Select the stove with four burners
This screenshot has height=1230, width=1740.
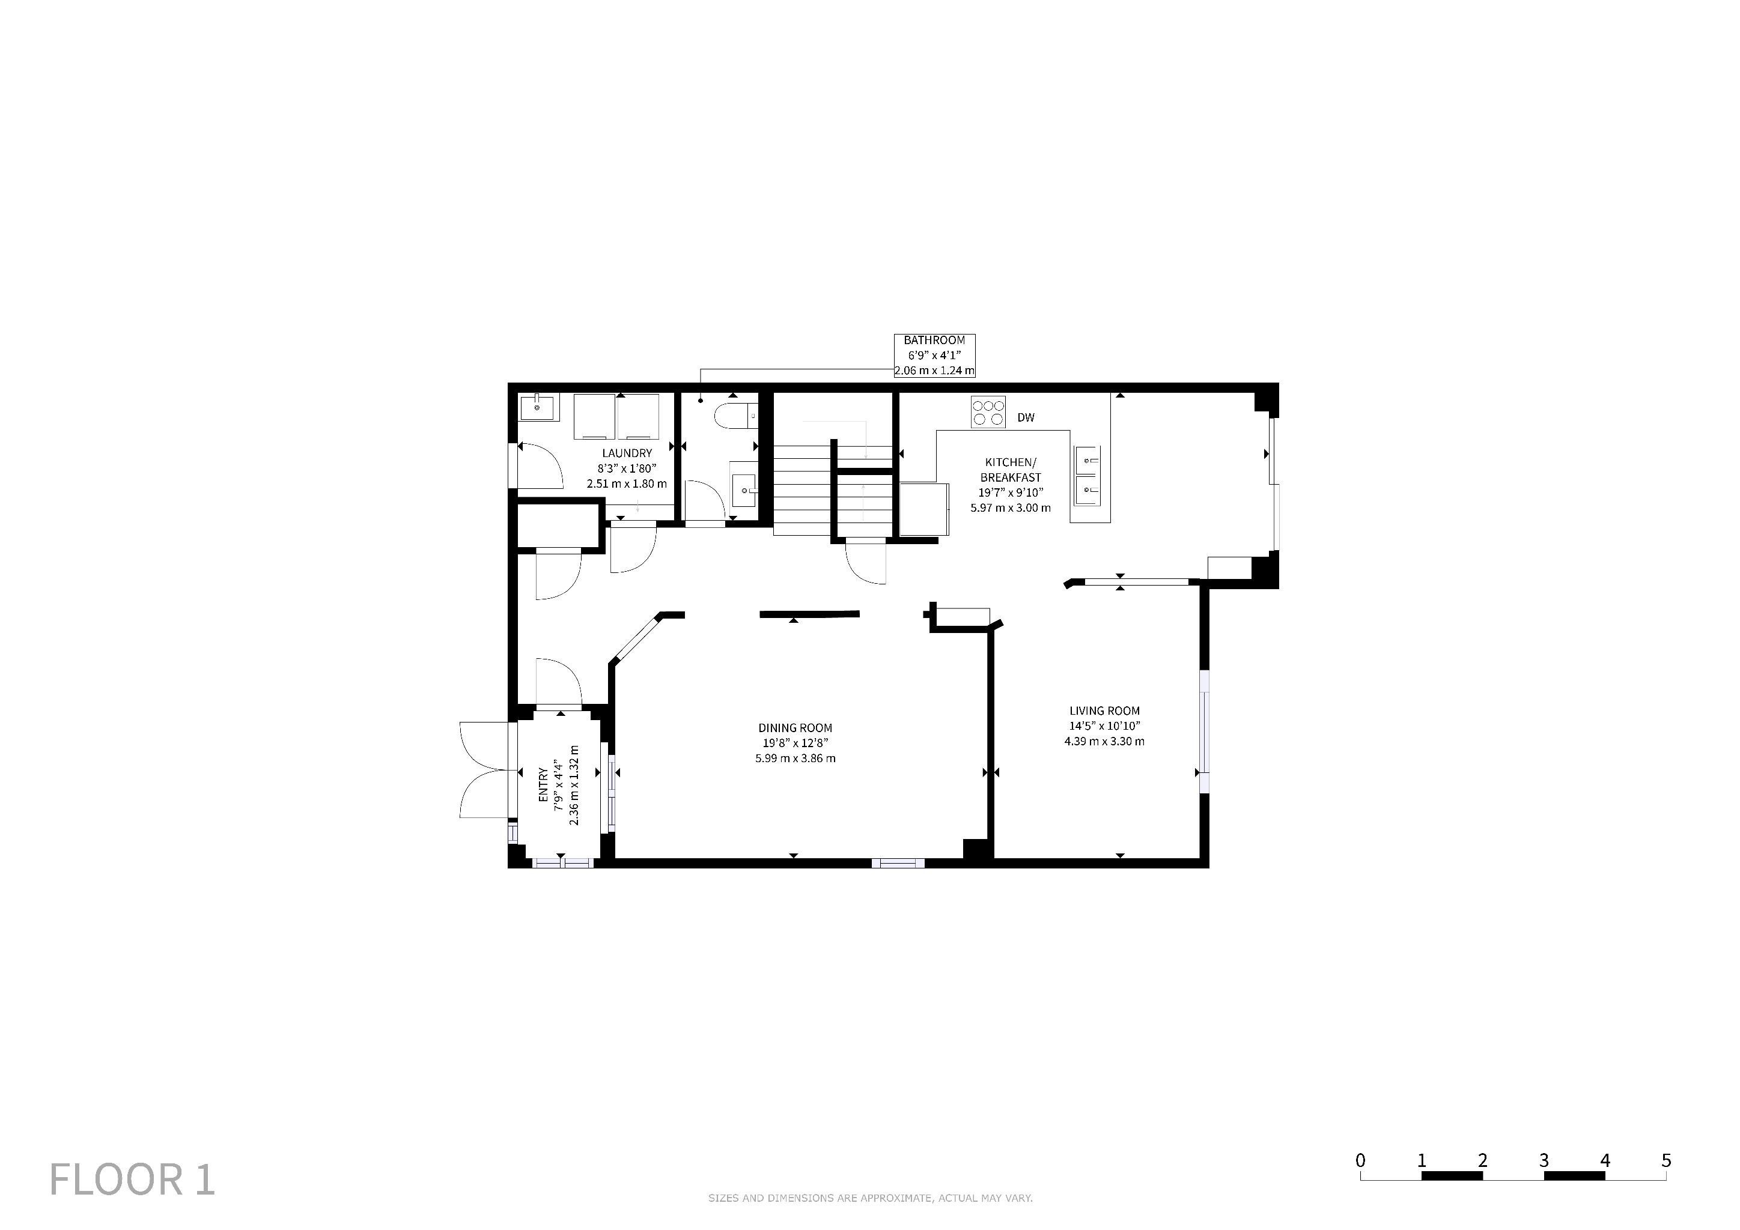988,412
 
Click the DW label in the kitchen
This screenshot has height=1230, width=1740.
1026,417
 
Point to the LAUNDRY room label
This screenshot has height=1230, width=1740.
627,453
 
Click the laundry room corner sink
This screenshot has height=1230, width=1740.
538,407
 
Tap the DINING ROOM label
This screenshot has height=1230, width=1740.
795,728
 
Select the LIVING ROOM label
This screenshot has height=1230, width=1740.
1104,710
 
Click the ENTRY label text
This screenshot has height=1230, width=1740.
543,786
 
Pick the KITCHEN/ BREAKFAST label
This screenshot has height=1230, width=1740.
1010,470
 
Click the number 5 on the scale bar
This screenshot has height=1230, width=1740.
1665,1160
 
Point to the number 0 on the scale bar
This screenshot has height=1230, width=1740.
1360,1160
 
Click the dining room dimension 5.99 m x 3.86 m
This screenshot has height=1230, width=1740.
795,758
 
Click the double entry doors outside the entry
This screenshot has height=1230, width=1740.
485,771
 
